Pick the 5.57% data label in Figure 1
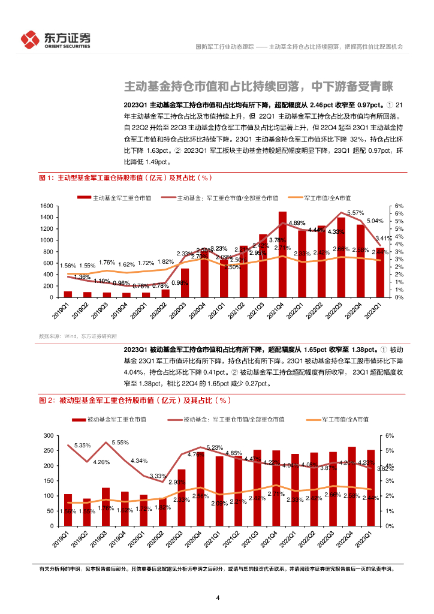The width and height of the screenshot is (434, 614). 355,213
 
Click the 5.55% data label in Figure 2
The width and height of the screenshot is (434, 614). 120,442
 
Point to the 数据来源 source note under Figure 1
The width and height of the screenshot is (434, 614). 77,336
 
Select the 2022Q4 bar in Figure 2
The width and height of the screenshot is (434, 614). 351,486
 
